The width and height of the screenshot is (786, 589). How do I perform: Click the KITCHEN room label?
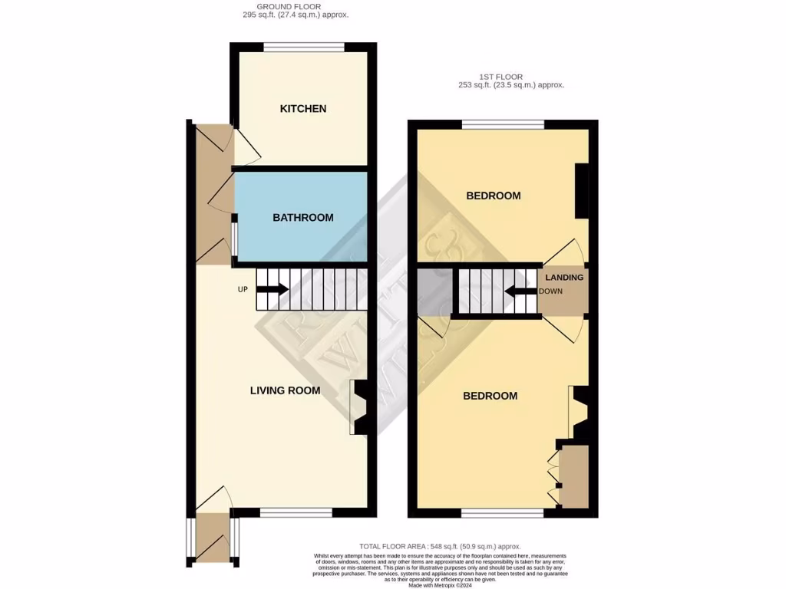(x=303, y=109)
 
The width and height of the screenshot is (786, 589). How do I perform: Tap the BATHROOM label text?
(x=303, y=218)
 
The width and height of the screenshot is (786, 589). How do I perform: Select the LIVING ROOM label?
(x=286, y=390)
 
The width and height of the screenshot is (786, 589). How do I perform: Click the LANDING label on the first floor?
(x=564, y=278)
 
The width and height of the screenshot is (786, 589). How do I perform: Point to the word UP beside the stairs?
(x=243, y=289)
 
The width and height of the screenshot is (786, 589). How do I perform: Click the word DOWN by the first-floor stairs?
(x=551, y=291)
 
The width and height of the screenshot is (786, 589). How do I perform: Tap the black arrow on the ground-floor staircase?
(x=272, y=289)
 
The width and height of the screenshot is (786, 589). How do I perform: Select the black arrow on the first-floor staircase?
(x=520, y=291)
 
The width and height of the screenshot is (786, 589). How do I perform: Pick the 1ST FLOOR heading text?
(x=501, y=77)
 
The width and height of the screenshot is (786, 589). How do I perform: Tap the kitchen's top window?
(x=304, y=48)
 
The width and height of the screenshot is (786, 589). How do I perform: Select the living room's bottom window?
(x=296, y=512)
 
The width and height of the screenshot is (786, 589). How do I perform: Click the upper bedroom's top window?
(x=503, y=125)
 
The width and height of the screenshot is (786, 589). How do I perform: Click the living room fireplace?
(x=359, y=406)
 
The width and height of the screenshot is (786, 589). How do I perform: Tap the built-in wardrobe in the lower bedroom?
(x=574, y=475)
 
